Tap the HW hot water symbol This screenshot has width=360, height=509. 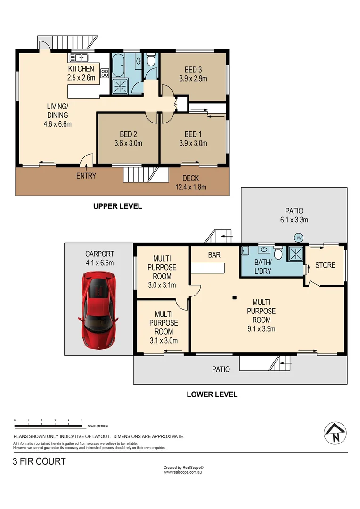pos(298,238)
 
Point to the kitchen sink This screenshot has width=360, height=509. pos(79,58)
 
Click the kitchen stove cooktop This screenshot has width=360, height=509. pos(105,73)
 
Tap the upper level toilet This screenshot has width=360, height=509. pos(151,61)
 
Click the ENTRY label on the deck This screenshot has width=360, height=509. pos(86,176)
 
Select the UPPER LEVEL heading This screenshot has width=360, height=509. pos(117,206)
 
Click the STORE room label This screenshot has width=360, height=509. pos(325,265)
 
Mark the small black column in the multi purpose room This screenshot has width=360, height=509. pos(234,297)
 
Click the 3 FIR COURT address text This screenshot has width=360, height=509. pos(40,461)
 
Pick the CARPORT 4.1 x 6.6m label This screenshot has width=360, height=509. pos(99,258)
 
